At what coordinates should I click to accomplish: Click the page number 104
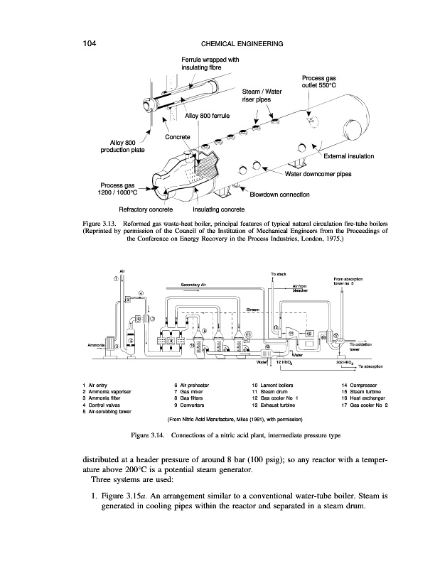pos(89,44)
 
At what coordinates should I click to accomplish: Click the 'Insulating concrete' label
pos(219,210)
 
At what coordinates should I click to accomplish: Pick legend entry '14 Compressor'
pos(362,384)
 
